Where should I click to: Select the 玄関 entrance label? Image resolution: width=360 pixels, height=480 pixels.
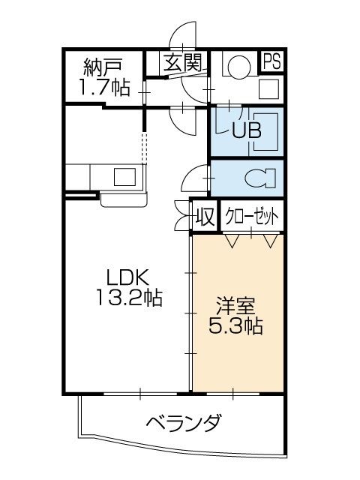coord(183,63)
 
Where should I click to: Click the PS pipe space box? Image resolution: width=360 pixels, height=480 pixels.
coord(272,61)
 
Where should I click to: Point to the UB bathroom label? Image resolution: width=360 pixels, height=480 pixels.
coord(246,130)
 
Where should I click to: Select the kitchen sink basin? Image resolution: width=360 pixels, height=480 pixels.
coord(122,178)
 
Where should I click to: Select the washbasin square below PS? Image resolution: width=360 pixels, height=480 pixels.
coord(268,88)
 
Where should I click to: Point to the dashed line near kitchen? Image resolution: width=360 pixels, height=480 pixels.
coord(146,146)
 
